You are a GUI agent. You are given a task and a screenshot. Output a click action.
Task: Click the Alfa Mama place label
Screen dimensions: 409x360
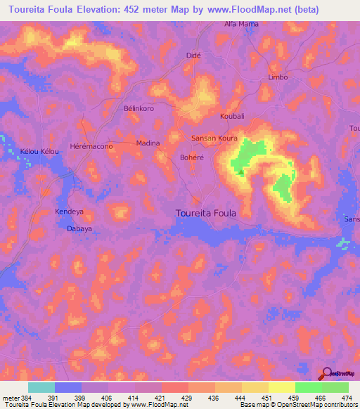coord(240,24)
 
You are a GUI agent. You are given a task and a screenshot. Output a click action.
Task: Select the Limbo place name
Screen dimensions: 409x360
coord(278,77)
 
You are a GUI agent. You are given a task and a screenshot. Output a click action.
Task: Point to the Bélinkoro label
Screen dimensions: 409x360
coord(139,109)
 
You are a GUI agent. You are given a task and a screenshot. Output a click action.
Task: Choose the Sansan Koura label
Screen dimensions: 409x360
coord(214,138)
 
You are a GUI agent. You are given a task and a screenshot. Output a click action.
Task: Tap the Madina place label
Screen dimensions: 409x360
coord(148,143)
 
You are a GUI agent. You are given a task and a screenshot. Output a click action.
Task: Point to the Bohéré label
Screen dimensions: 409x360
coord(192,157)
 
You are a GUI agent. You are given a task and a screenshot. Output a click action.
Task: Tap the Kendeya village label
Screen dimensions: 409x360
coord(70,212)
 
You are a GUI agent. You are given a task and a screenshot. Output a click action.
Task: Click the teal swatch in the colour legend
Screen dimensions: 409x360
coord(41,387)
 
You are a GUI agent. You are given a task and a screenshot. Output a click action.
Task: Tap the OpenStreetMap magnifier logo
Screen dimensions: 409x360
coord(327,373)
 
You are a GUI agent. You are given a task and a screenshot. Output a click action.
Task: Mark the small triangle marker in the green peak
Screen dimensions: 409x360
coord(241,171)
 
